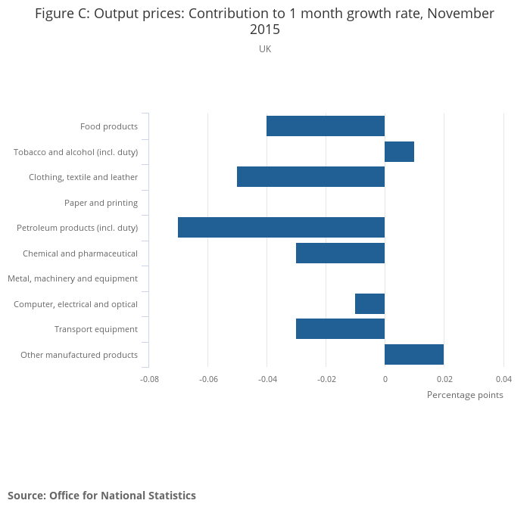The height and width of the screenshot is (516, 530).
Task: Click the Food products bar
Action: tap(326, 126)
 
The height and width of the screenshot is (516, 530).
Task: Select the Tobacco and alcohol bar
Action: tap(399, 151)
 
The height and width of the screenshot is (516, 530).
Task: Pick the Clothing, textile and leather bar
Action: tap(310, 177)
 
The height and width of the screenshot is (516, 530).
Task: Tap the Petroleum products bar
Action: tap(281, 228)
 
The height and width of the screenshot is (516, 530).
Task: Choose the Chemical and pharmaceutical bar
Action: tap(340, 253)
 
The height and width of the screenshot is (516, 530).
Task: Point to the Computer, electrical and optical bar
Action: tap(369, 304)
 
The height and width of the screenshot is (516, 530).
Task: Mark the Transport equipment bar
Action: tap(340, 329)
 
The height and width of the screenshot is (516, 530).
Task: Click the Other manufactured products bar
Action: tap(414, 355)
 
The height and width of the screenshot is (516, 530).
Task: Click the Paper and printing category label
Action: tap(101, 203)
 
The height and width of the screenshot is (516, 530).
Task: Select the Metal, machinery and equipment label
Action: tap(73, 278)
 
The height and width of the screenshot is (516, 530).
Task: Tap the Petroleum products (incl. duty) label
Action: tap(77, 228)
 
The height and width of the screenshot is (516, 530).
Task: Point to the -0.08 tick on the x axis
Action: tap(149, 379)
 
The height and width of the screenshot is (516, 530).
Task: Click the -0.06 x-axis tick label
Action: tap(208, 379)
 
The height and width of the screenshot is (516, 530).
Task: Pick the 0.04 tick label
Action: tap(503, 379)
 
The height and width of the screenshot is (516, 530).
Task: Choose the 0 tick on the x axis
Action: tap(385, 379)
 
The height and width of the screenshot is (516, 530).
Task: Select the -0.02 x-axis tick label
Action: tap(326, 379)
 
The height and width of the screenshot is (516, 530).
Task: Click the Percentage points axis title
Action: tap(465, 395)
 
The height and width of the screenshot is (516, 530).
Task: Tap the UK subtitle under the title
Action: tap(265, 49)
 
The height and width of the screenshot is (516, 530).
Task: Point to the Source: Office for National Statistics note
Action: tap(101, 496)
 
